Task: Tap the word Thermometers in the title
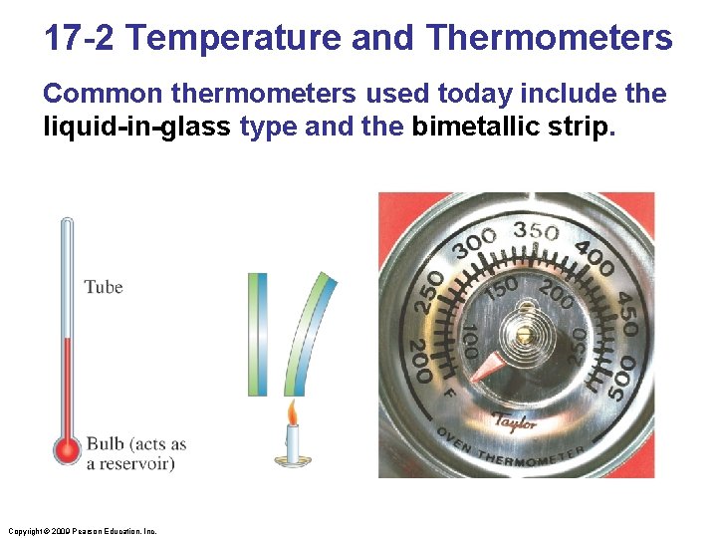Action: [x=549, y=39]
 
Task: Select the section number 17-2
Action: [x=80, y=39]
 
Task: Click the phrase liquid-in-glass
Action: [x=137, y=128]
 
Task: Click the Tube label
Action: [x=104, y=287]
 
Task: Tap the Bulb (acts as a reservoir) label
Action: [x=135, y=453]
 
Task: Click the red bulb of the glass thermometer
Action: [x=68, y=450]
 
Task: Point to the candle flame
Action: [x=292, y=411]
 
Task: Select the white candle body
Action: [x=293, y=443]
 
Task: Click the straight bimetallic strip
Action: [x=258, y=334]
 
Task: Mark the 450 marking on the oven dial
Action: [x=627, y=313]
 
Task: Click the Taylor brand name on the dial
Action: [x=515, y=421]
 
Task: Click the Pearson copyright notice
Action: [x=80, y=531]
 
